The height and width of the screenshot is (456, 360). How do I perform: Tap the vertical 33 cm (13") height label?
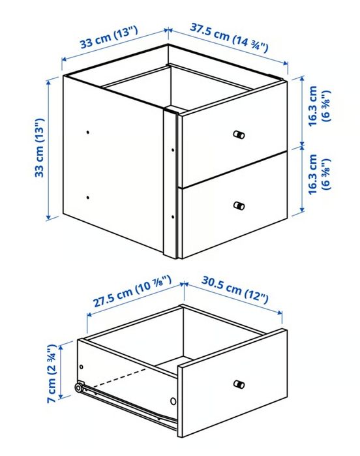coord(40,148)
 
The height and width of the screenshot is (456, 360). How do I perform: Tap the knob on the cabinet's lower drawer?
coord(239,205)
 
